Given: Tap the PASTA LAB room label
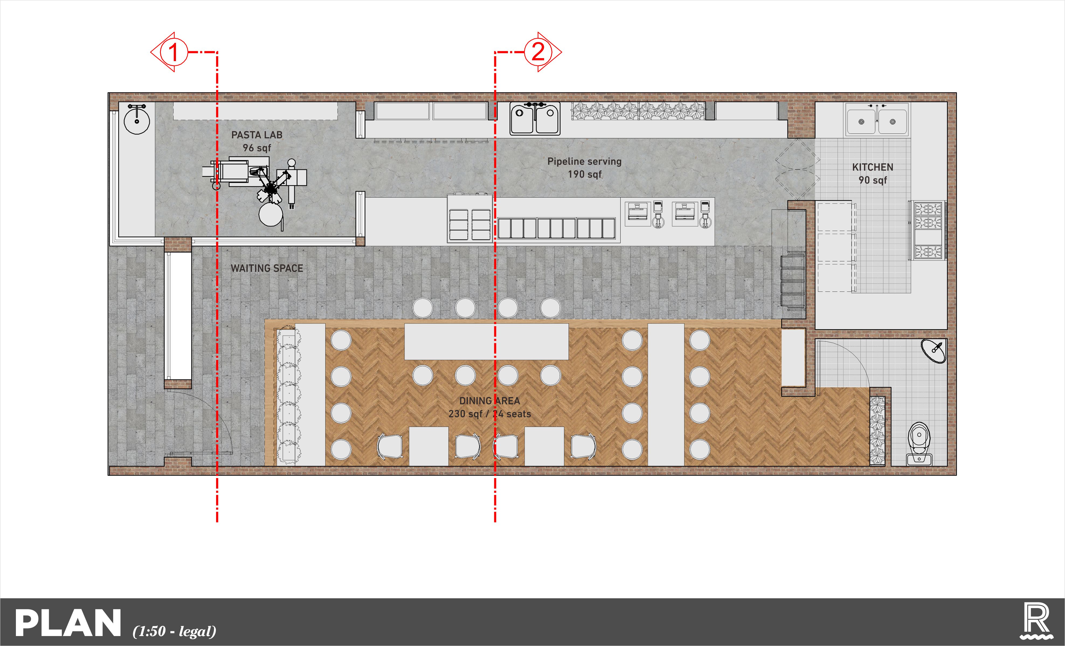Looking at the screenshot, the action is point(257,135).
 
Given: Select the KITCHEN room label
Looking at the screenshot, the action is point(873,167).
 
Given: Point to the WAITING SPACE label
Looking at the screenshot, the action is point(267,268).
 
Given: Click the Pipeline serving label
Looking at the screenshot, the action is point(584,161).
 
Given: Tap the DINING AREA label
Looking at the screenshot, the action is point(490,401).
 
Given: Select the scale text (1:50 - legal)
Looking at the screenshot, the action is point(174,631).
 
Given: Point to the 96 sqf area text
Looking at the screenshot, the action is point(257,148).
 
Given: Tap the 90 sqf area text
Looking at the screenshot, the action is point(873,180).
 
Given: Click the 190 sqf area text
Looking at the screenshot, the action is point(584,174).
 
